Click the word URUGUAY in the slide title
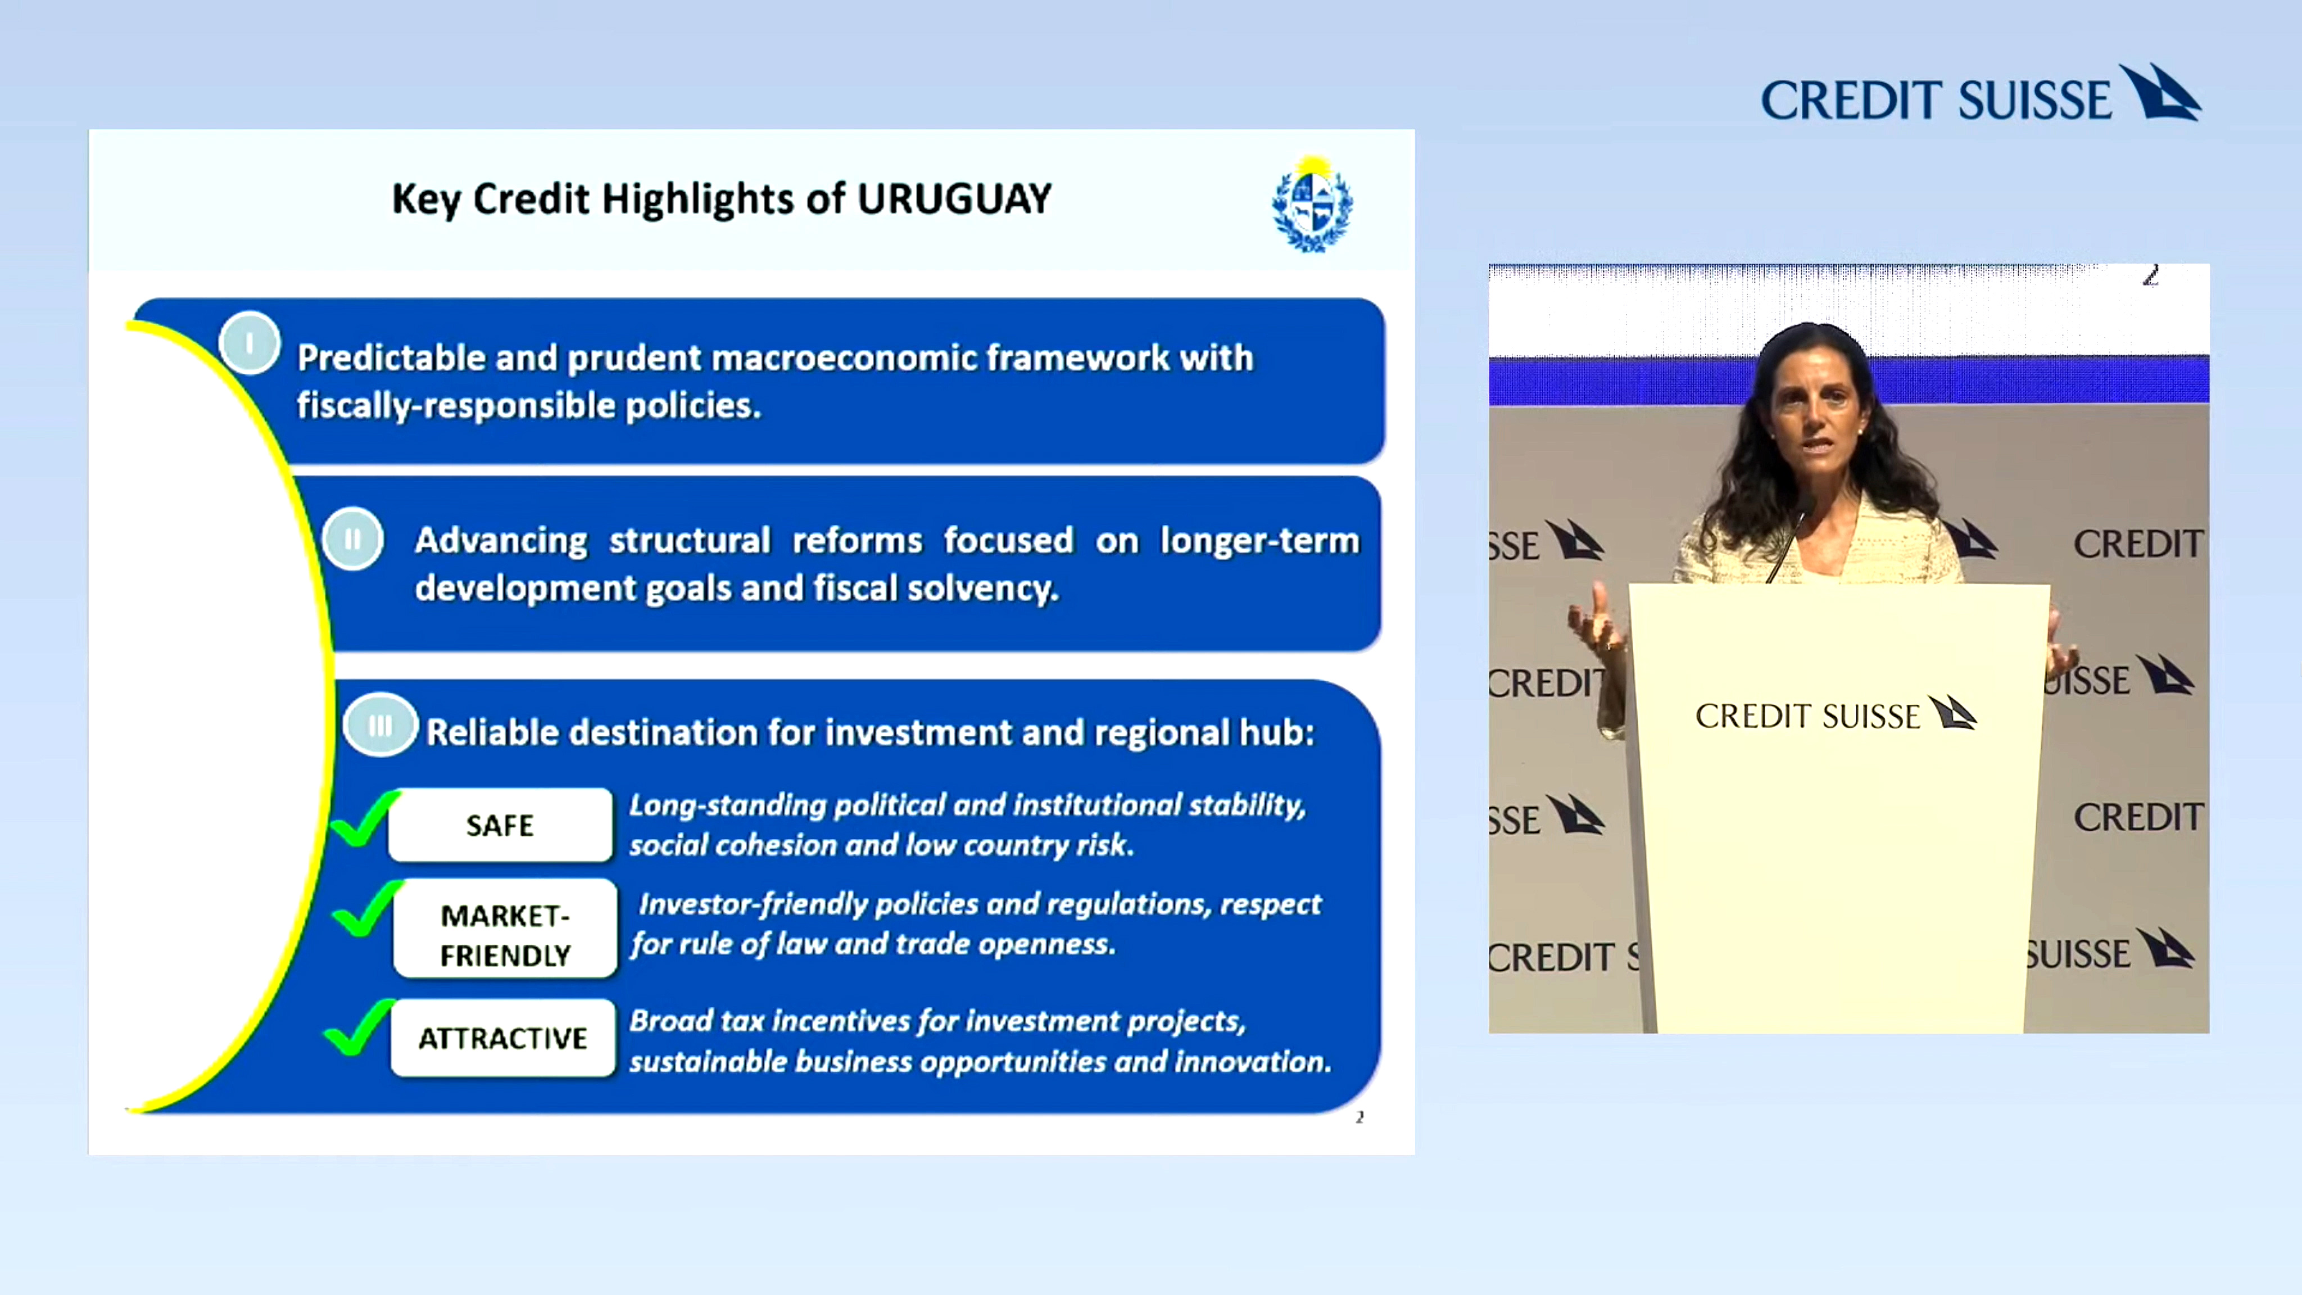point(954,198)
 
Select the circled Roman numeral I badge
point(250,343)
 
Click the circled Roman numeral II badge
point(353,539)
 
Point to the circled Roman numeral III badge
point(380,725)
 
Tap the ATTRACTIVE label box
point(503,1038)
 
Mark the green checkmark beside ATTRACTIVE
point(357,1028)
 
